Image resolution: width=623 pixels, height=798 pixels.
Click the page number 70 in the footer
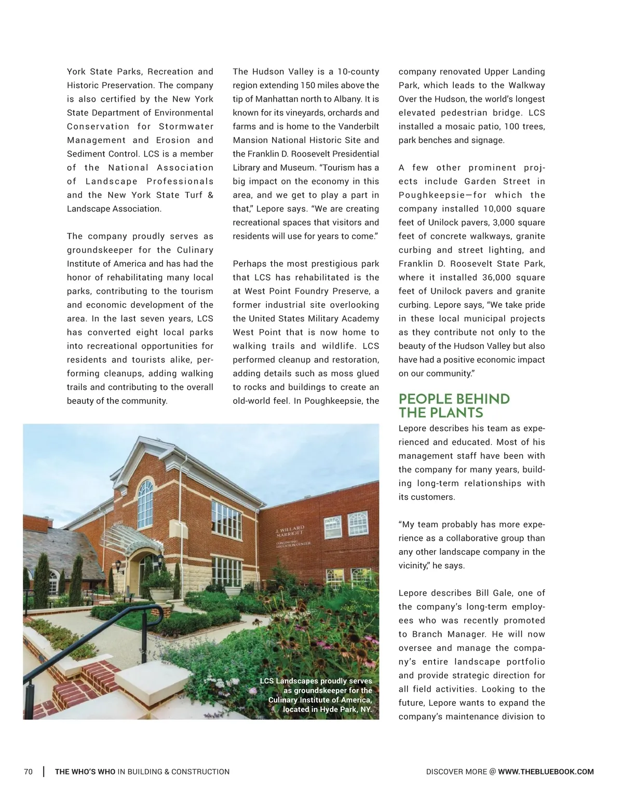tap(28, 772)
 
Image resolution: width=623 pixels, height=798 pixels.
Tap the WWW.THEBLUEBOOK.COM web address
tap(546, 772)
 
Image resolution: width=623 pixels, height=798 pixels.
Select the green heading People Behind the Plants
tap(454, 406)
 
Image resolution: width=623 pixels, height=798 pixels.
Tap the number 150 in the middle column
tap(308, 86)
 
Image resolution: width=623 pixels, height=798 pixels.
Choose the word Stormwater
tap(186, 127)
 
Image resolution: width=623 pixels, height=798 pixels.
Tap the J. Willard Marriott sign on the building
tap(290, 531)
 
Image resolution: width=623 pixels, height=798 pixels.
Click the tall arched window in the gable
tap(145, 503)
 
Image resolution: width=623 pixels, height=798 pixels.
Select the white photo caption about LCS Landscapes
tap(316, 695)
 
